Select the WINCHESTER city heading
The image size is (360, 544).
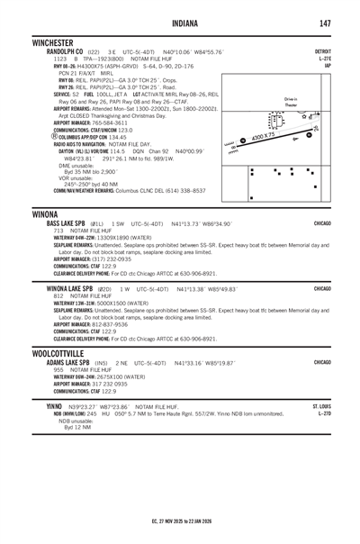(x=56, y=42)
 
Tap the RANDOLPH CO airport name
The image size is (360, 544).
(x=58, y=52)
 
